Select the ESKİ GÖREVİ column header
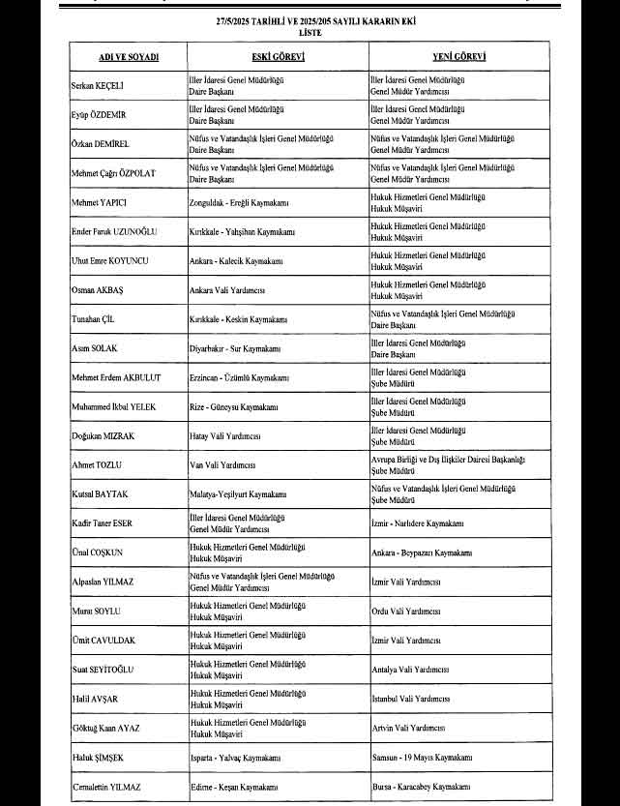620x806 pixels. [278, 58]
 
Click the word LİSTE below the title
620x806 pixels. [310, 32]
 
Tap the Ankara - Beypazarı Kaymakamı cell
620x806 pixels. [422, 552]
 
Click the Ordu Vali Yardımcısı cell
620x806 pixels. [406, 611]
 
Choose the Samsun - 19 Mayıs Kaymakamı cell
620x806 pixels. [423, 756]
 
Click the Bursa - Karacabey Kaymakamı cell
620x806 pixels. [422, 788]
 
